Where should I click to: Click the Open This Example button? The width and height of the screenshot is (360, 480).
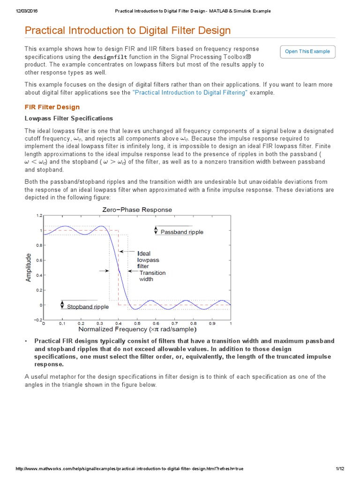pyautogui.click(x=307, y=52)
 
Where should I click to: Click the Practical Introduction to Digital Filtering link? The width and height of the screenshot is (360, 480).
pyautogui.click(x=190, y=93)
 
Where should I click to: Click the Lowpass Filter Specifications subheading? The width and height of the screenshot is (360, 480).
pyautogui.click(x=68, y=118)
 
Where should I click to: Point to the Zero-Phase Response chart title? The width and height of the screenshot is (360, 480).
pyautogui.click(x=137, y=210)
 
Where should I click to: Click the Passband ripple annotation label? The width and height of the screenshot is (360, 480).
pyautogui.click(x=182, y=232)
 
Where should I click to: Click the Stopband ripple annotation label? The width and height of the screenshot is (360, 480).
pyautogui.click(x=88, y=307)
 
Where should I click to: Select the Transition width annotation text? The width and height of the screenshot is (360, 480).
pyautogui.click(x=152, y=276)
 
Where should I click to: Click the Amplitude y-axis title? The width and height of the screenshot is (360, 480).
pyautogui.click(x=29, y=268)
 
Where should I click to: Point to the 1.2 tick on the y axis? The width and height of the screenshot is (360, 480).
pyautogui.click(x=39, y=216)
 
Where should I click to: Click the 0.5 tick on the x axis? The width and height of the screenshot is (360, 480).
pyautogui.click(x=137, y=323)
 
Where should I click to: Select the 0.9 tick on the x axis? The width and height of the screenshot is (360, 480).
pyautogui.click(x=212, y=323)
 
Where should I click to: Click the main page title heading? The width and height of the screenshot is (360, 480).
pyautogui.click(x=127, y=31)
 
